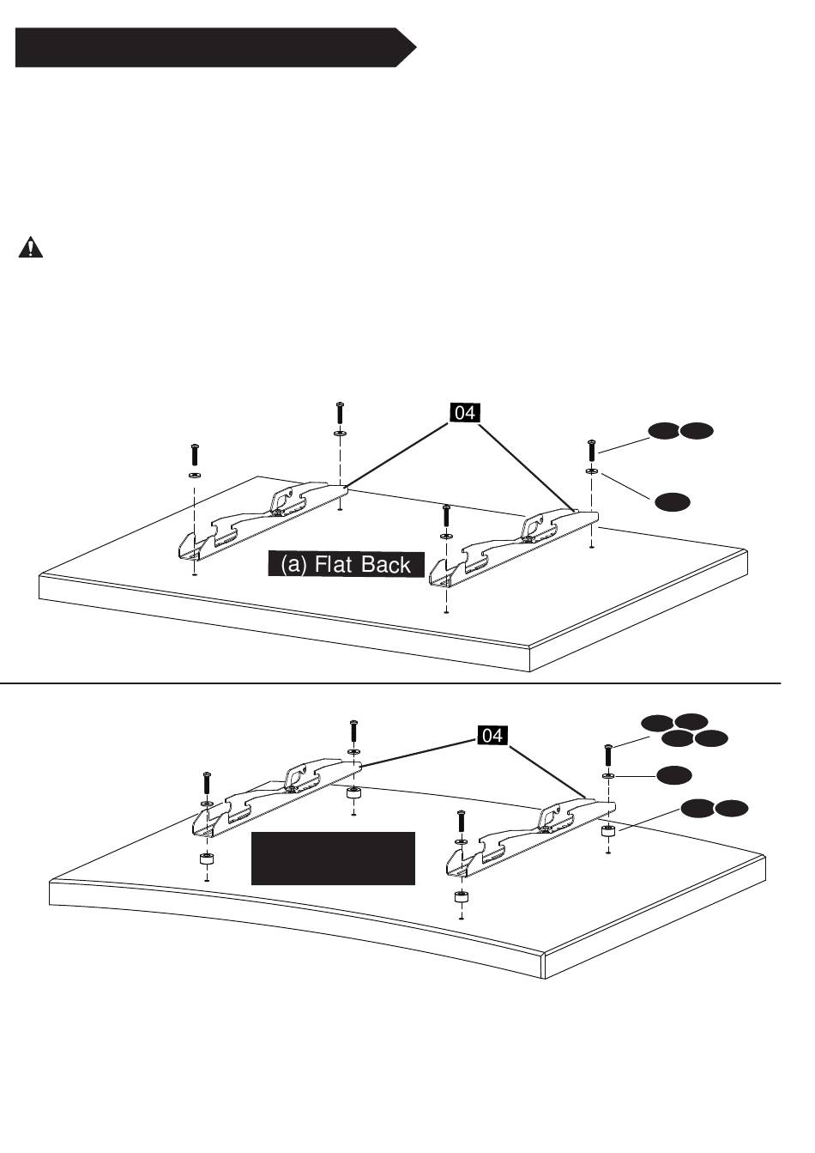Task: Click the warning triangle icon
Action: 31,247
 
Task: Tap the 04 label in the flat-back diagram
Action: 465,413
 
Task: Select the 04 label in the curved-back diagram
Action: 492,735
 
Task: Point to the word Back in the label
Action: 386,564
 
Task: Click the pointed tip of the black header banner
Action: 416,47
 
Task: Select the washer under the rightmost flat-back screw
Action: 591,471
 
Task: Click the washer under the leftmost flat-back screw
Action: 195,475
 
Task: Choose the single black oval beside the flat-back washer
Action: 673,502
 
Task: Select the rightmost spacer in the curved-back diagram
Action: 607,831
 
